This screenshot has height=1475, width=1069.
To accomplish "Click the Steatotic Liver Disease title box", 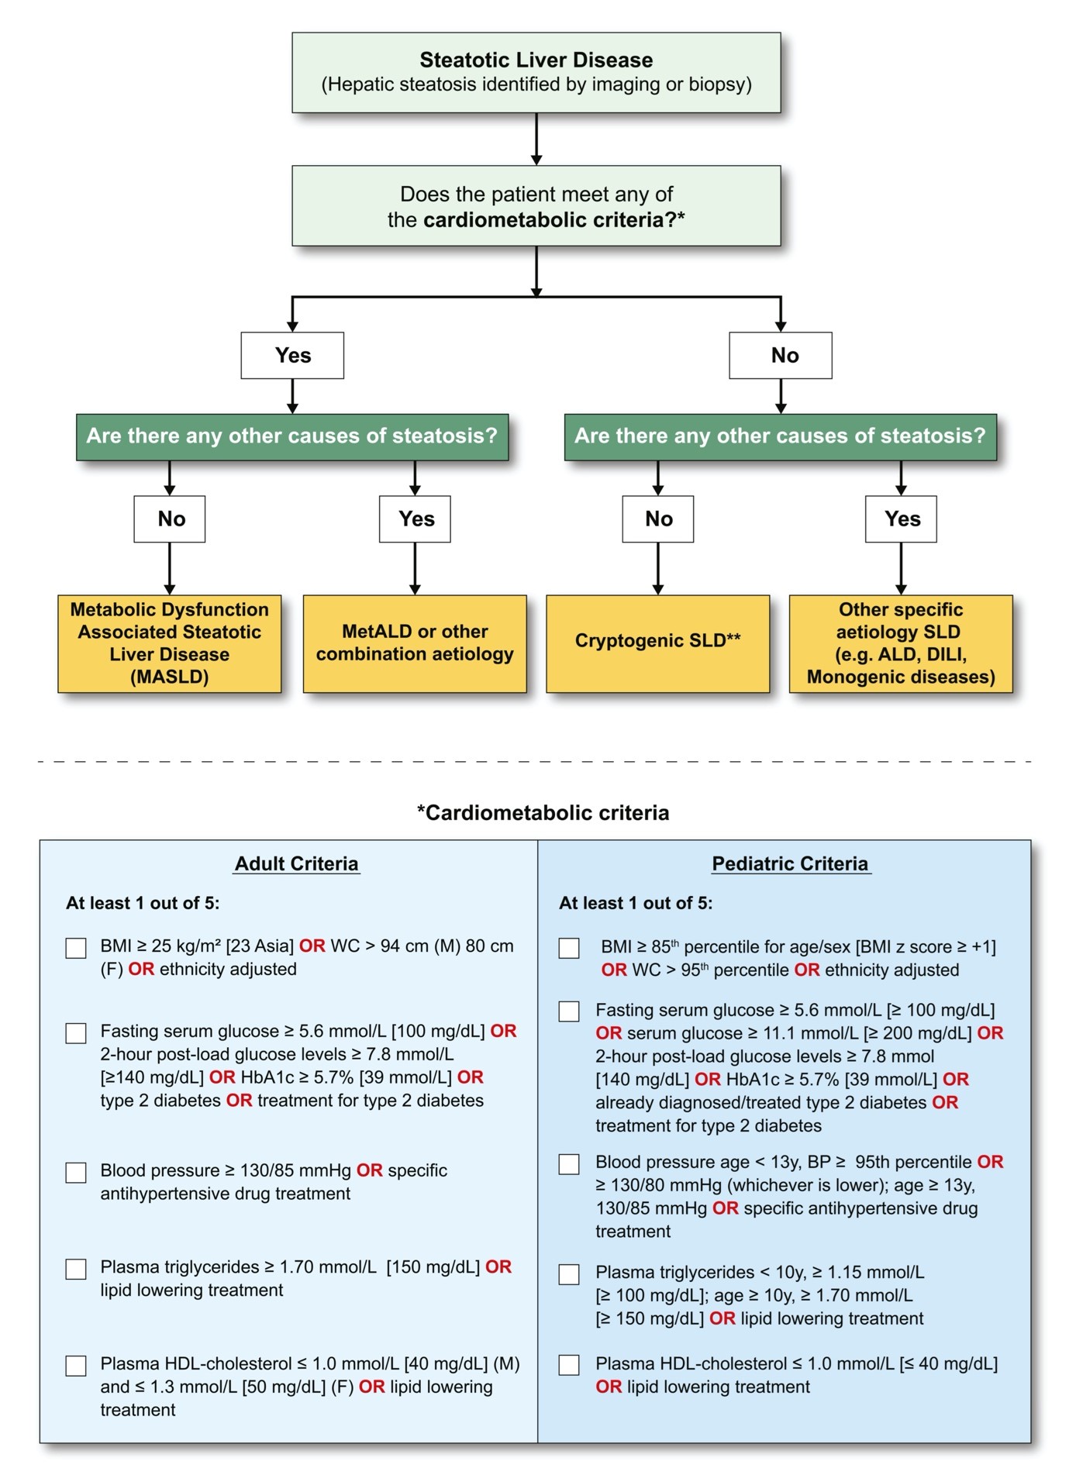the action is click(536, 72).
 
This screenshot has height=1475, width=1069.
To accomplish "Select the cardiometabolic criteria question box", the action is click(536, 205).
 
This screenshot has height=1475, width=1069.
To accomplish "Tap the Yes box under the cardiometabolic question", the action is click(292, 355).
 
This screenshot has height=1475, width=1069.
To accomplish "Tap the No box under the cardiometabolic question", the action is click(781, 355).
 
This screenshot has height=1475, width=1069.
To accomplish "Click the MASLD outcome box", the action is click(170, 643).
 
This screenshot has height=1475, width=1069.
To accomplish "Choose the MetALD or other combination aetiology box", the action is click(415, 643).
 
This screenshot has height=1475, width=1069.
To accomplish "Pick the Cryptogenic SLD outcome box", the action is click(658, 643).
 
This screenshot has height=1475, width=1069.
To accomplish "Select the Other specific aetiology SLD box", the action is click(901, 643).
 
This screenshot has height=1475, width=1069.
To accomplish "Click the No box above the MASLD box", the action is click(170, 519).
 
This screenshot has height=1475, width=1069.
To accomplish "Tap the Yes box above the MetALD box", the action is click(415, 519).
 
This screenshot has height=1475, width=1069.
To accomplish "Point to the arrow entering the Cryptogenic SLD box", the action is click(658, 568).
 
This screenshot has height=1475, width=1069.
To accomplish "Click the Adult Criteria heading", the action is click(297, 863).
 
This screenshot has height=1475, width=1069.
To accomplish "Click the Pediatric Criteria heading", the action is click(791, 863).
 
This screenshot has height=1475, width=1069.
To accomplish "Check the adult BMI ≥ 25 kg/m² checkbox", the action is click(76, 948).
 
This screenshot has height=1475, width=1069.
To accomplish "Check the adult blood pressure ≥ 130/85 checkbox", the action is click(76, 1172).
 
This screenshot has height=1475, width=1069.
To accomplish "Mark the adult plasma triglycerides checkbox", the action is click(76, 1269).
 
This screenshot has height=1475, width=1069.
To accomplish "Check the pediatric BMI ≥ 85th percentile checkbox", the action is click(569, 948).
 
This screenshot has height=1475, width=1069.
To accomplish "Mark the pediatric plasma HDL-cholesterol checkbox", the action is click(569, 1365).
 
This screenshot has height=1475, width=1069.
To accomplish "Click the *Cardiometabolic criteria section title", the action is click(543, 812).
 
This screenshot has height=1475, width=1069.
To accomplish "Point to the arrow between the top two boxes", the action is click(536, 139).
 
